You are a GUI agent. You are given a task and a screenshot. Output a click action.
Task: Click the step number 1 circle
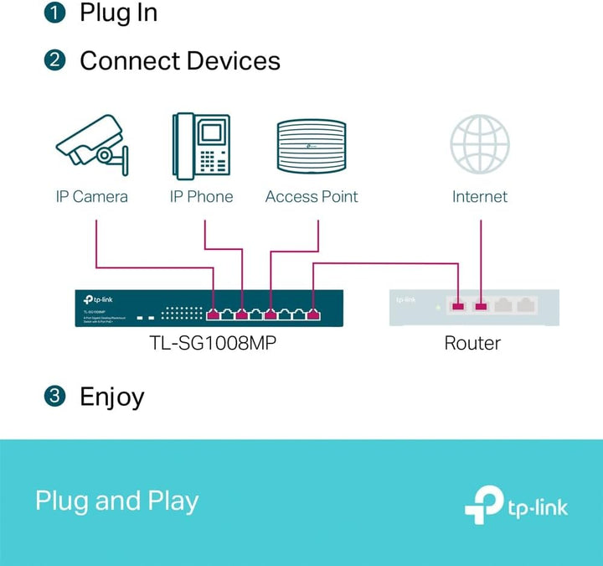(54, 13)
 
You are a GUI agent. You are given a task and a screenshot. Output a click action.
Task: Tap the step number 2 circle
(54, 60)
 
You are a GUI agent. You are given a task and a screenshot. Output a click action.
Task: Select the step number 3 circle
(54, 397)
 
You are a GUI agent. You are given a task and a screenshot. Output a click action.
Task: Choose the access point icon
(312, 148)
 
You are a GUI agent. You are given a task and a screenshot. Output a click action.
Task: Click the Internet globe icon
(480, 144)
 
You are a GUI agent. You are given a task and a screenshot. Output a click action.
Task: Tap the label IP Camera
(92, 197)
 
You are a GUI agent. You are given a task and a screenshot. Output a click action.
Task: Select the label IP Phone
(201, 197)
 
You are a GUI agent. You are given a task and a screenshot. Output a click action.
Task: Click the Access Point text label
(312, 197)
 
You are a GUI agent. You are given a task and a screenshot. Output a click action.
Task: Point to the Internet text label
(480, 197)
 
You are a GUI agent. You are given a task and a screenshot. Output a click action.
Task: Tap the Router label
(472, 343)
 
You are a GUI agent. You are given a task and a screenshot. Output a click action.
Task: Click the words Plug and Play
(117, 501)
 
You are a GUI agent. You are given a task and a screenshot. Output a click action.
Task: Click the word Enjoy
(111, 397)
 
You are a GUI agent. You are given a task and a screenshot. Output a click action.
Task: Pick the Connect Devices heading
(180, 60)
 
